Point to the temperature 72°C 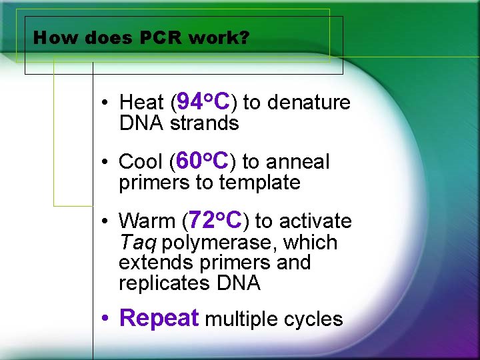coord(215,220)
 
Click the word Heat coord(141,103)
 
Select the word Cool coord(141,162)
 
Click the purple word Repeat coord(159,318)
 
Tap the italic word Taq coord(137,243)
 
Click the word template coord(260,183)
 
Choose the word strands coord(204,123)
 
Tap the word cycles coord(313,320)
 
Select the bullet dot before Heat coord(106,103)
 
